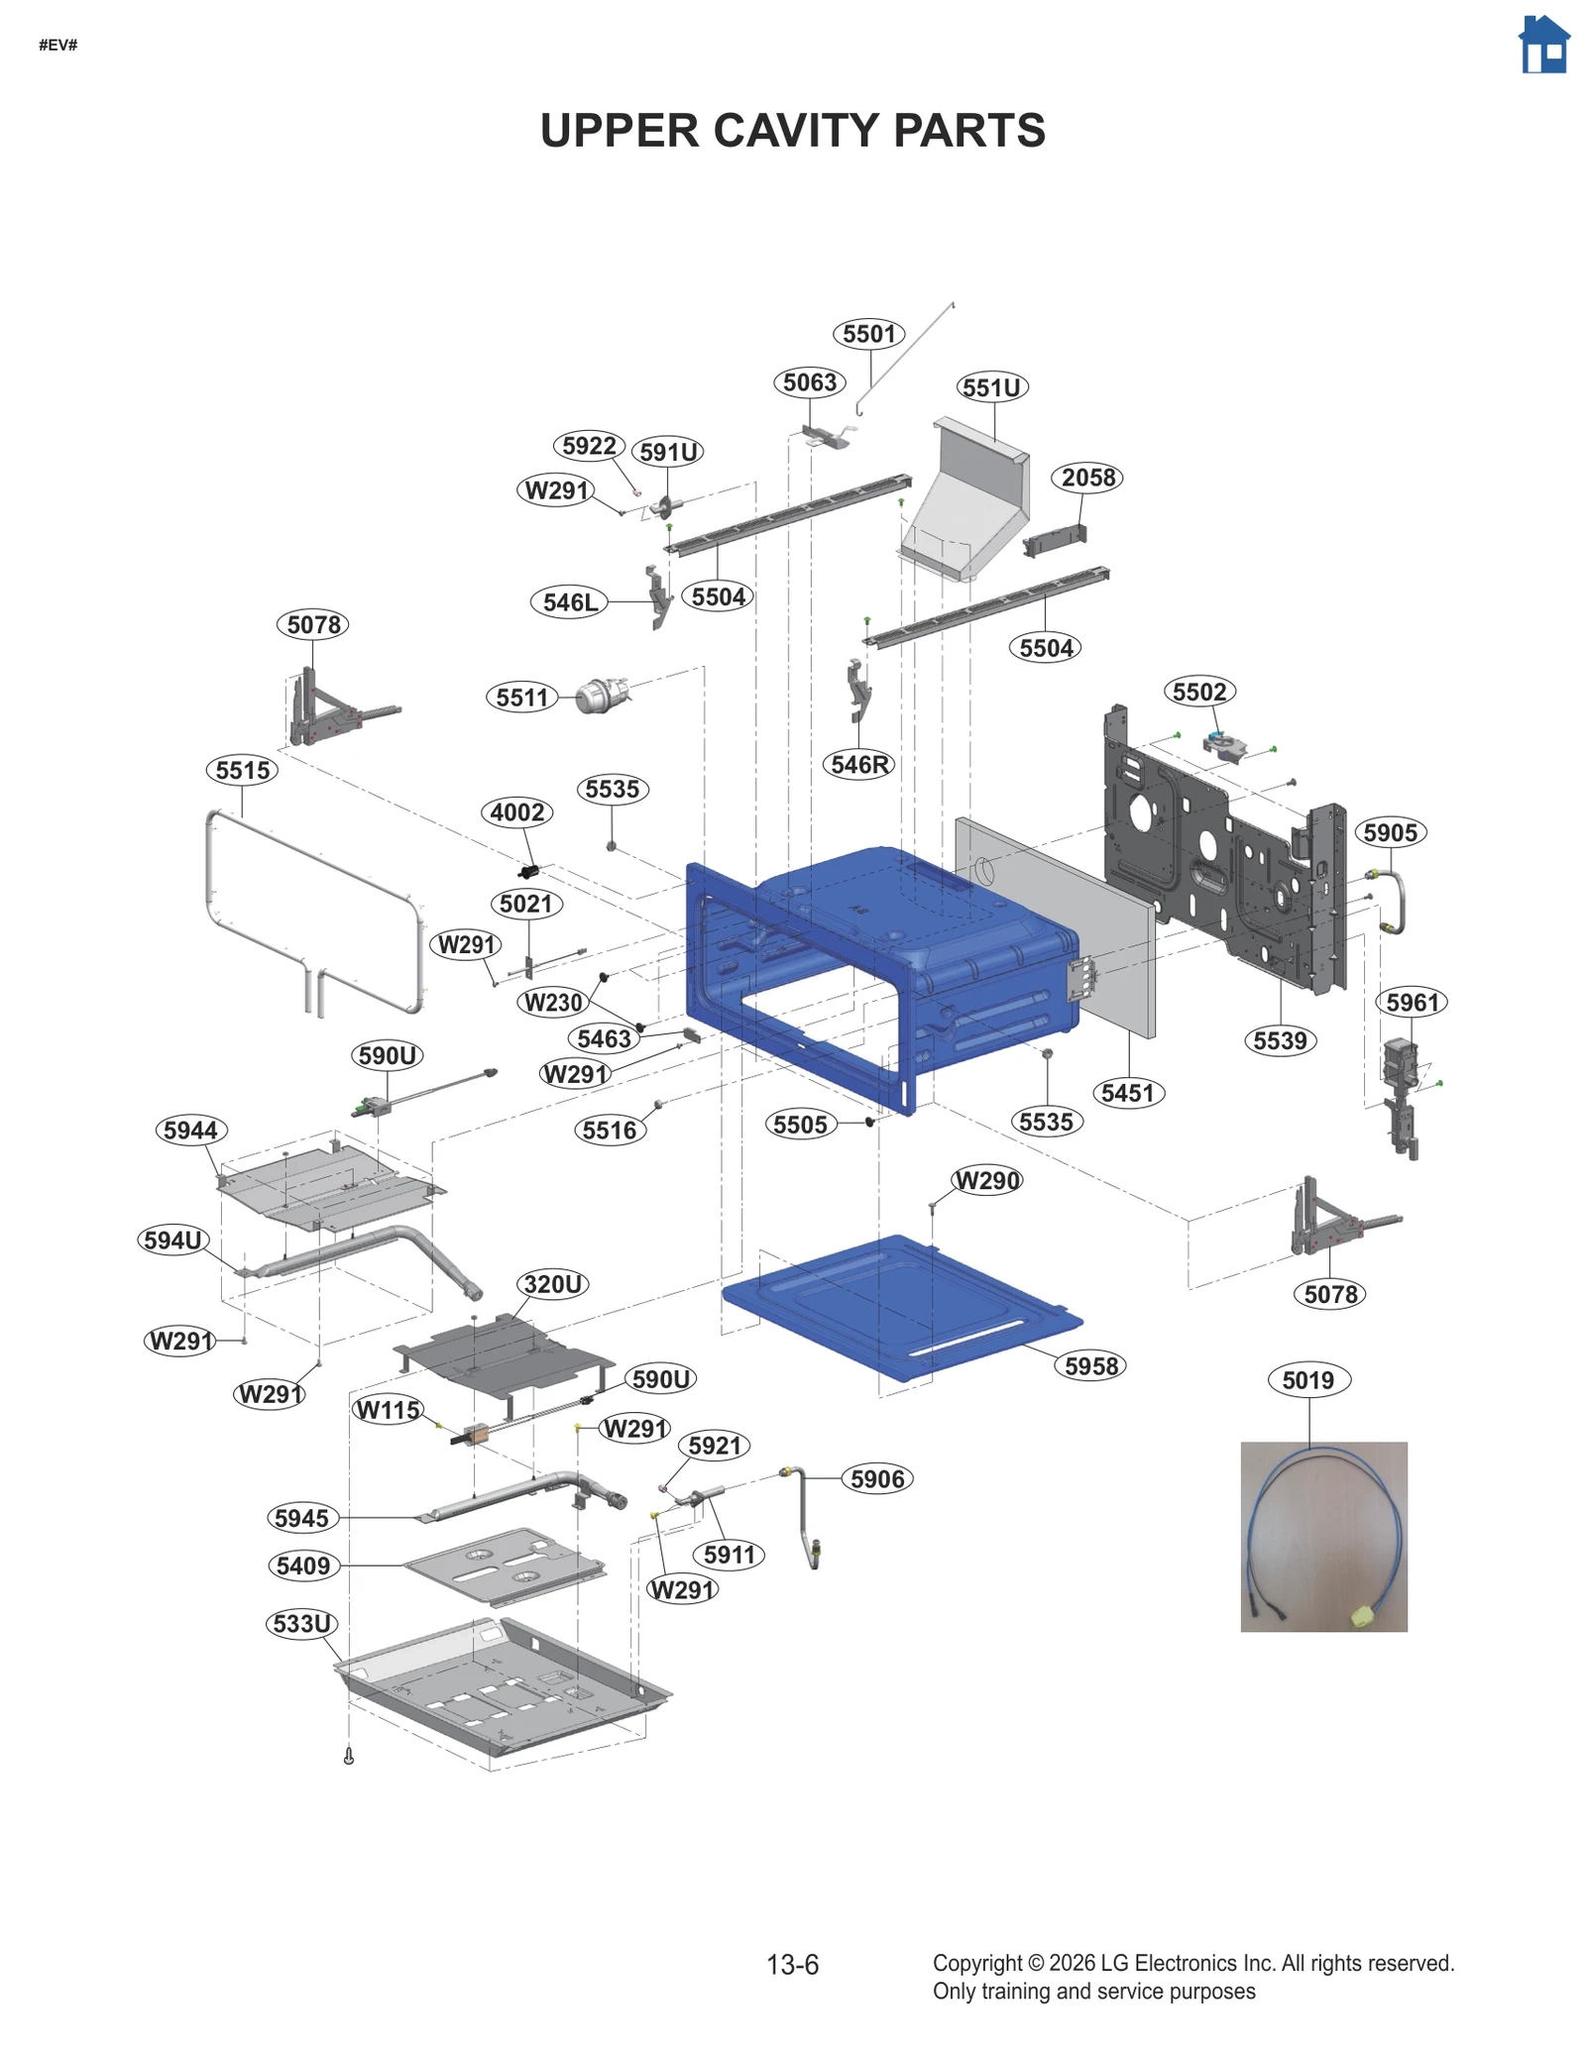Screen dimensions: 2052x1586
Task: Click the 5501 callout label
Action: [x=868, y=334]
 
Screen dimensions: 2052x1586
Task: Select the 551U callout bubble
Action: [x=991, y=387]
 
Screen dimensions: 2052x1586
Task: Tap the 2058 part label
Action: [x=1087, y=478]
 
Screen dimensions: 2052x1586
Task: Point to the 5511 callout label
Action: [x=521, y=698]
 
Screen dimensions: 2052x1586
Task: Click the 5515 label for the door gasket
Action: [x=243, y=770]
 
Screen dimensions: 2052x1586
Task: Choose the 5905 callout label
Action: [x=1390, y=832]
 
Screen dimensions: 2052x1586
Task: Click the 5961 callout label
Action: [x=1412, y=1003]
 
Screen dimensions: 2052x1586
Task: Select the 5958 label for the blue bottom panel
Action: [x=1090, y=1366]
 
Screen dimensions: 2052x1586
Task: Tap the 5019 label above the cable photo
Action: [x=1307, y=1380]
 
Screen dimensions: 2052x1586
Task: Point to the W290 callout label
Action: [x=986, y=1181]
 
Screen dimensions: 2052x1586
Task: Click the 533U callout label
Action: [x=302, y=1624]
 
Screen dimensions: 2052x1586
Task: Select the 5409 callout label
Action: [x=303, y=1566]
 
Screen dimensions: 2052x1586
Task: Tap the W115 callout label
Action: [x=388, y=1410]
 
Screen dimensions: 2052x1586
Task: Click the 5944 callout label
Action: [x=190, y=1131]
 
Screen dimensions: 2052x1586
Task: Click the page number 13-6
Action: [x=792, y=1965]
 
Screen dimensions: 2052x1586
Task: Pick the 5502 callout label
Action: [x=1198, y=692]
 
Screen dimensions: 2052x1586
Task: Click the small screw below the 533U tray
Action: [x=348, y=1756]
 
